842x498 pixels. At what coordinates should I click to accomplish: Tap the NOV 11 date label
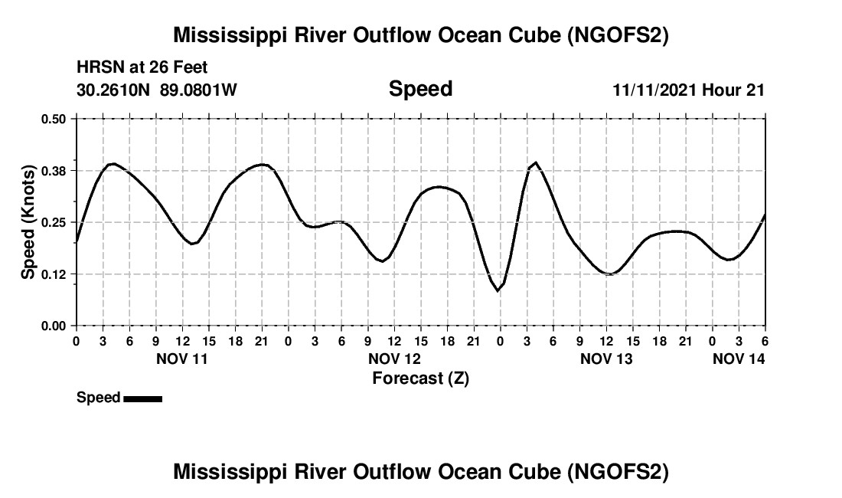(x=182, y=358)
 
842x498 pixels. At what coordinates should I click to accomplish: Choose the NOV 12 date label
(x=395, y=358)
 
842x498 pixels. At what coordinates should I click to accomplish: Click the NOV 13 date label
(x=606, y=358)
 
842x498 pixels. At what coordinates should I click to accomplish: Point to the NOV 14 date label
(x=739, y=358)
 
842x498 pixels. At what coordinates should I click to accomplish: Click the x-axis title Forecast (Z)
(x=420, y=378)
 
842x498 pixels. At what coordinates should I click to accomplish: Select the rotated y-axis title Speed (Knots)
(x=28, y=221)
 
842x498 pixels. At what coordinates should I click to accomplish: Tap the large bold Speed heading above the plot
(x=420, y=89)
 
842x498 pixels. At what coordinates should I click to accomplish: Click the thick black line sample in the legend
(x=142, y=398)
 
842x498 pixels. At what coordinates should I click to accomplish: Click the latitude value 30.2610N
(x=115, y=90)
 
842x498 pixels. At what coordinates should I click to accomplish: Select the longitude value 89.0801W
(x=198, y=90)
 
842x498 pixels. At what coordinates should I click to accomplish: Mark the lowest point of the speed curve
(x=498, y=291)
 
